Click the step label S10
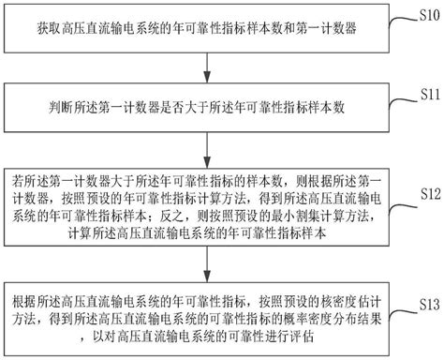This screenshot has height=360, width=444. pos(427,14)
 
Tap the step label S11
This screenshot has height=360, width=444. pos(427,96)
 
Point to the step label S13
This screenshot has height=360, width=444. pos(427,305)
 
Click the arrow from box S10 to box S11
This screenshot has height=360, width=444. pos(205,71)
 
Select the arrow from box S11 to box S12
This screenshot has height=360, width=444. pos(205,148)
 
